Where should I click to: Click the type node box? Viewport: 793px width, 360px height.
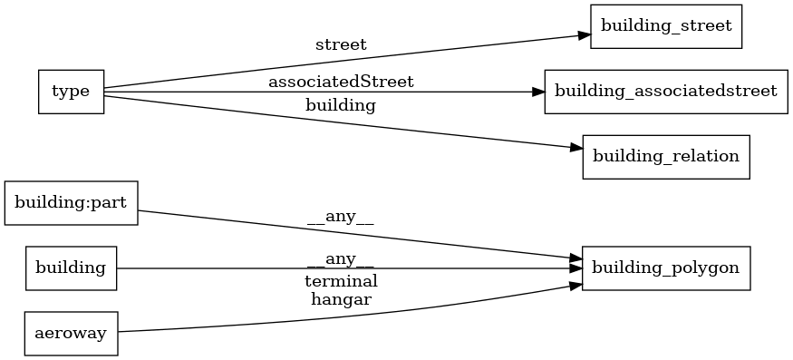click(x=71, y=92)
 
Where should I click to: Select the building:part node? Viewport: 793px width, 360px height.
click(x=72, y=202)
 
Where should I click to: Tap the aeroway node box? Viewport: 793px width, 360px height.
click(x=72, y=333)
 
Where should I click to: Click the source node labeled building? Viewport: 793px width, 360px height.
click(x=72, y=268)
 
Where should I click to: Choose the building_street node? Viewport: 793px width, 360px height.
click(x=666, y=26)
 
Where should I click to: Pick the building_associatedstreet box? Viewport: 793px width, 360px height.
click(x=665, y=92)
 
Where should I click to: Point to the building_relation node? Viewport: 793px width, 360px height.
click(x=665, y=157)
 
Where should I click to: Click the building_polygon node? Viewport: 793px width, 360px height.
click(x=665, y=268)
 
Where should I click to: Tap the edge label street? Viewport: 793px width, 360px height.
click(x=341, y=44)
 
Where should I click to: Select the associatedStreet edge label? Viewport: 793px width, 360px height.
click(x=341, y=83)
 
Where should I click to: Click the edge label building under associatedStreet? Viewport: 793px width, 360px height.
click(x=341, y=105)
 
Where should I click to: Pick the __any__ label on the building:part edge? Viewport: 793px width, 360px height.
click(x=341, y=217)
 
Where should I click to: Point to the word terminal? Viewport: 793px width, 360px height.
click(x=341, y=281)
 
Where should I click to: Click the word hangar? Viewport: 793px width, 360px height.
click(x=341, y=297)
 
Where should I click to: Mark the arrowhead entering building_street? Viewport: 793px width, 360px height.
click(x=585, y=34)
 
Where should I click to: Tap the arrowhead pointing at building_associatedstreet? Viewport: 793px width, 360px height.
click(x=537, y=92)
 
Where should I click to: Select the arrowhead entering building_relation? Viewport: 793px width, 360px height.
click(x=575, y=148)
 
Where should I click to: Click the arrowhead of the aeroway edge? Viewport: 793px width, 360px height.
click(x=575, y=285)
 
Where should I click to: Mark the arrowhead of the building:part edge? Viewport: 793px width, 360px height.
click(x=575, y=258)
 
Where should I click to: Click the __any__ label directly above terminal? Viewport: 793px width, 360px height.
click(x=341, y=260)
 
